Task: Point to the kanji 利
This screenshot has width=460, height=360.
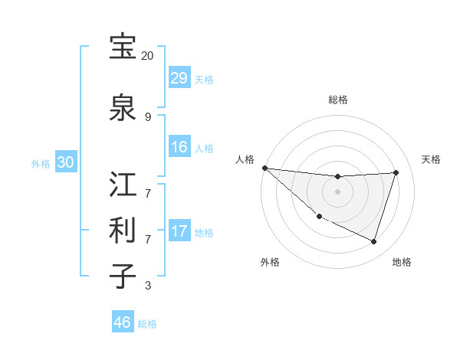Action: coord(122,229)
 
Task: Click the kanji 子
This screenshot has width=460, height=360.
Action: coord(122,275)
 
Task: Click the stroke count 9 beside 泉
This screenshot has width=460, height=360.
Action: coord(147,117)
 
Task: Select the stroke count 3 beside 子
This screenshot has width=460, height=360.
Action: coord(147,286)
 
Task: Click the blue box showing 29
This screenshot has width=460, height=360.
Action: coord(179,78)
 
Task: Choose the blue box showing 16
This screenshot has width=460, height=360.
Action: coord(179,147)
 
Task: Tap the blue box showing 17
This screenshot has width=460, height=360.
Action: coord(179,231)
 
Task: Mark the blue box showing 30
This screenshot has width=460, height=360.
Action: coord(65,162)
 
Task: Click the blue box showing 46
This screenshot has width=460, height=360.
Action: coord(123,322)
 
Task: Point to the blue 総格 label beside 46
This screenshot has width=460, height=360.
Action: coord(148,324)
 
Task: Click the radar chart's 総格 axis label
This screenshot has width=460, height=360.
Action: coord(337,100)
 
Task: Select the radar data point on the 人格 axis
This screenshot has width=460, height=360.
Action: coord(264,168)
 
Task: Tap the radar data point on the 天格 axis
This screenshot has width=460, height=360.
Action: coord(396,172)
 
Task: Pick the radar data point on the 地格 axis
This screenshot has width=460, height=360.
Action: coord(373,241)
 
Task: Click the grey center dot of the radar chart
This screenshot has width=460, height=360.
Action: coord(337,191)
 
